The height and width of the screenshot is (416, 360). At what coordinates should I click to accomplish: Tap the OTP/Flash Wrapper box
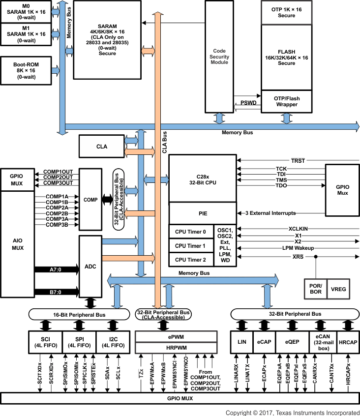[x=287, y=102]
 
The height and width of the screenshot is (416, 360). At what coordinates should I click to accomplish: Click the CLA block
[x=101, y=147]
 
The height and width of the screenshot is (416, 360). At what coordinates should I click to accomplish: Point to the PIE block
[x=202, y=212]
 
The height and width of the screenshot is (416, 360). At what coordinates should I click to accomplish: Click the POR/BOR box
[x=315, y=289]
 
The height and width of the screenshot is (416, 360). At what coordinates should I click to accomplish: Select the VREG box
[x=338, y=289]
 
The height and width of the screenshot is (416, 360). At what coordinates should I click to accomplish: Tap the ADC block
[x=90, y=266]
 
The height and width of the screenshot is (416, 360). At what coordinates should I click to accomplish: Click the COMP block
[x=90, y=200]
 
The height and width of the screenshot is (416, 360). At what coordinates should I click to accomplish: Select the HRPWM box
[x=176, y=347]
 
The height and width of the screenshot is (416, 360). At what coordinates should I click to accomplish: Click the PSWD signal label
[x=247, y=103]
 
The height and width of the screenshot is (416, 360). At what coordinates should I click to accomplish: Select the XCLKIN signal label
[x=298, y=229]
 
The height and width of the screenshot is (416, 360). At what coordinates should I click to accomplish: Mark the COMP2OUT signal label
[x=58, y=177]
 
